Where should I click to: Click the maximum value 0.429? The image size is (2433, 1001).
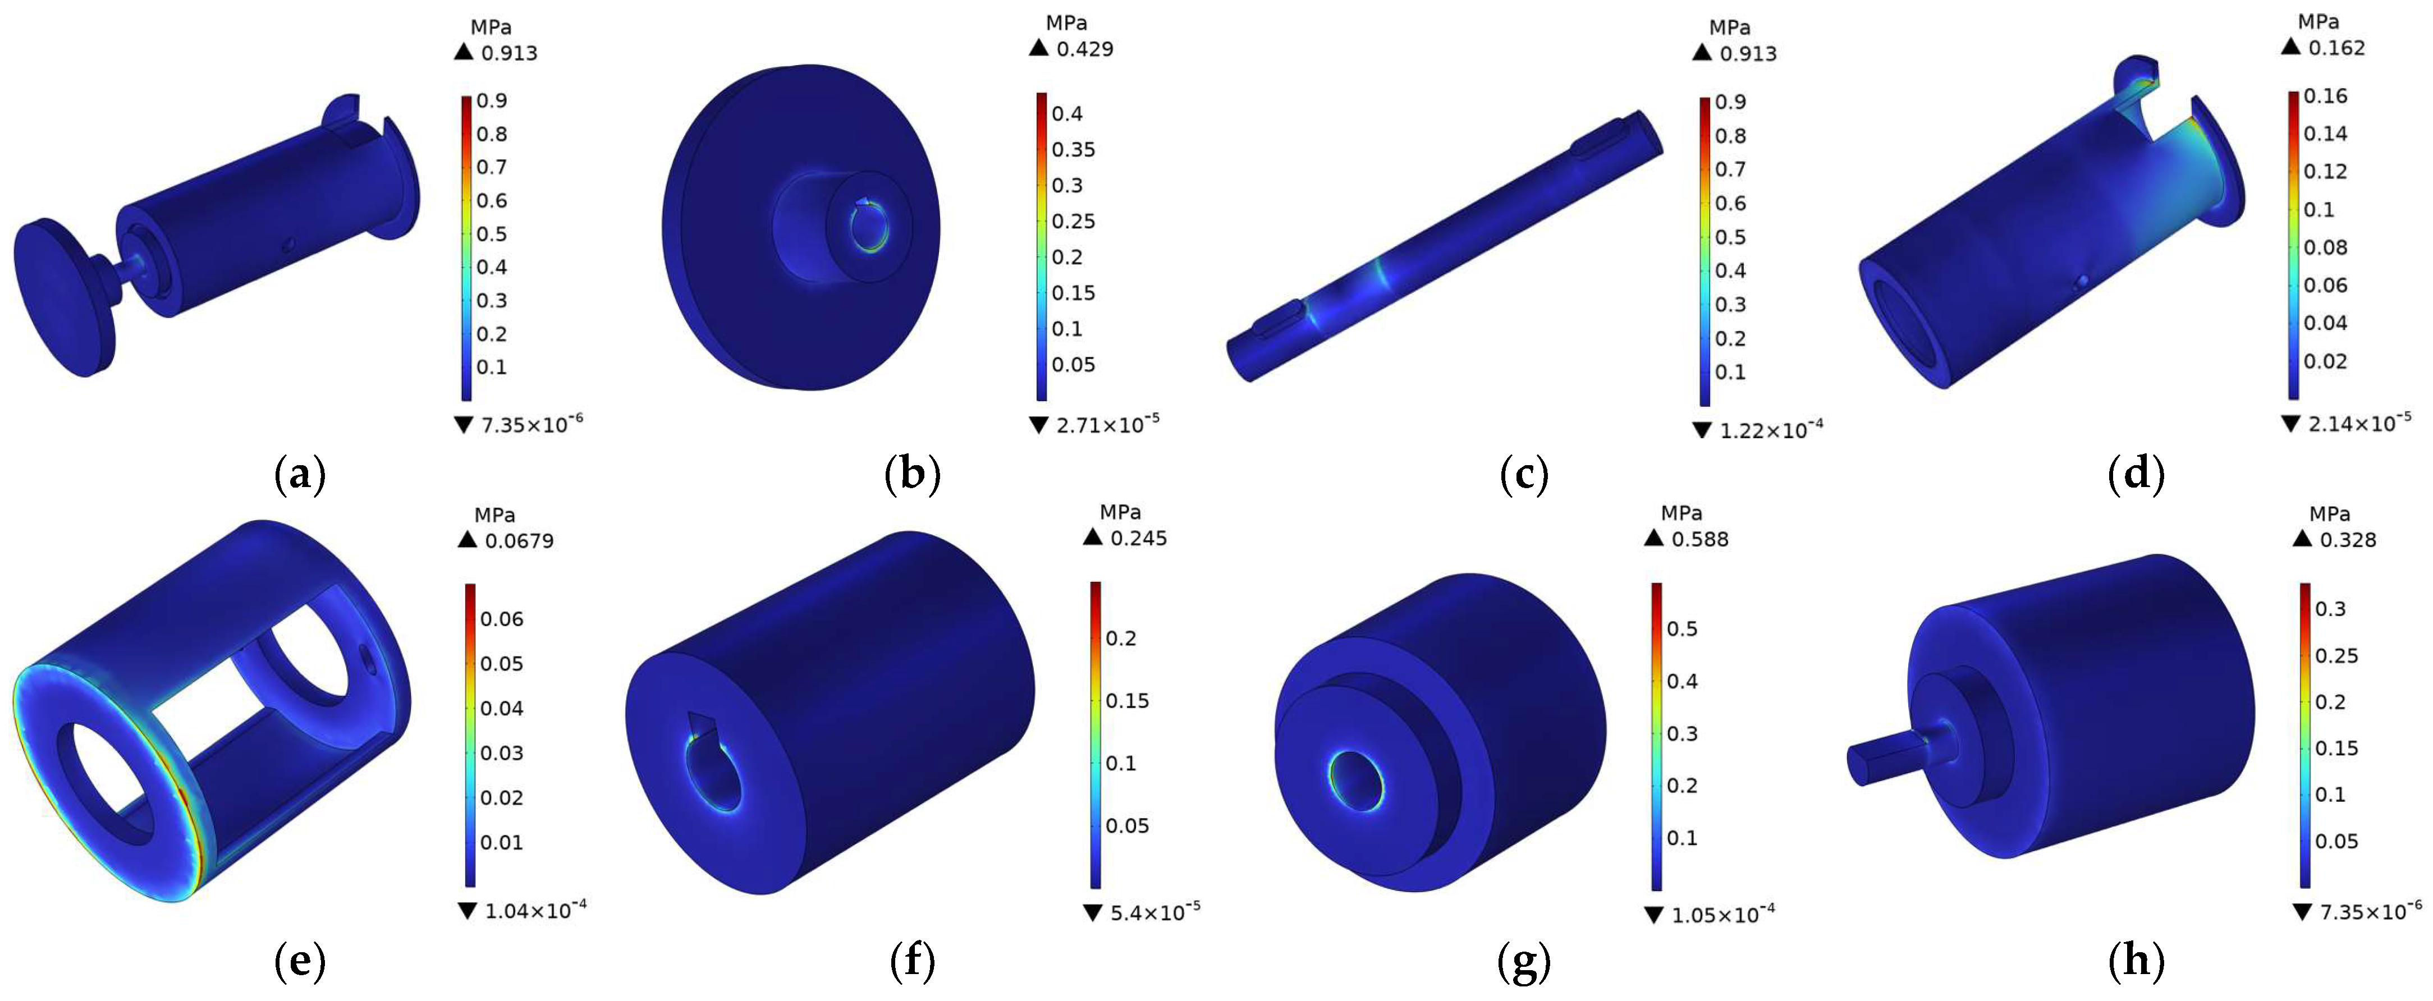point(1084,49)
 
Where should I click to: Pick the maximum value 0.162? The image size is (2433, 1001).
point(2336,47)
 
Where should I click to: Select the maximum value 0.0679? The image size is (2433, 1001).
point(519,541)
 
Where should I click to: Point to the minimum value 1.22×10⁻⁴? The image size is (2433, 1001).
point(1771,430)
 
